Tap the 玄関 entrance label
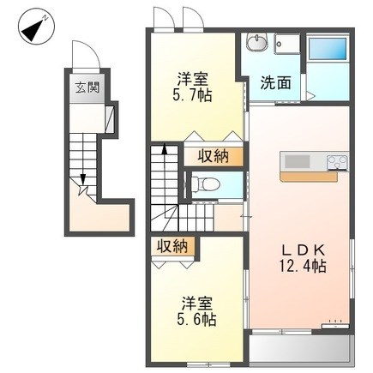87,87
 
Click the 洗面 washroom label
275,82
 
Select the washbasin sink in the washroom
256,43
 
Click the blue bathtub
328,48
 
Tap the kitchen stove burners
338,163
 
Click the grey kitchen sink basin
298,162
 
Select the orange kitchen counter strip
309,176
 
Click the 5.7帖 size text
192,96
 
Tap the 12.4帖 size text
302,266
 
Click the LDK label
304,250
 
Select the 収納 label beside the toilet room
214,156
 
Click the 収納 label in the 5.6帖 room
172,246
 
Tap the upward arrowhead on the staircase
165,149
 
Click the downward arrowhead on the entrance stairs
83,179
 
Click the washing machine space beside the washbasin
287,44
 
